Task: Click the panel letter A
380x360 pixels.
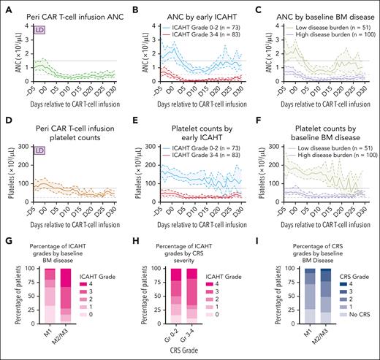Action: click(x=7, y=7)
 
